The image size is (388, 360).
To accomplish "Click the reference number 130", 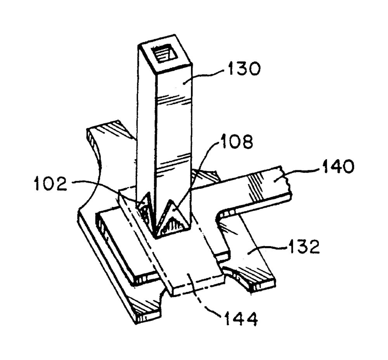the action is (x=244, y=69).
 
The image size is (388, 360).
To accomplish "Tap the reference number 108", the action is (x=236, y=142).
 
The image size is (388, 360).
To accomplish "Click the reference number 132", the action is (x=303, y=246).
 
